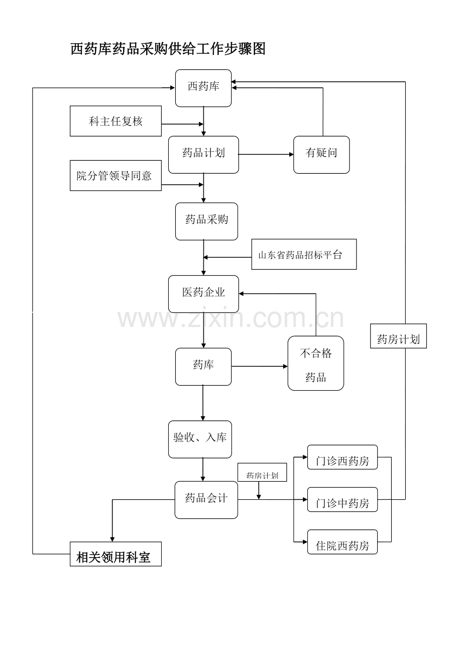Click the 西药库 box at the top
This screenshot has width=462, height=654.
[x=203, y=88]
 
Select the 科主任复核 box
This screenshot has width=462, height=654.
[x=115, y=121]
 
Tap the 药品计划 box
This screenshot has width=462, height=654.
[x=203, y=155]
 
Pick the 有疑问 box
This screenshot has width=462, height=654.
[x=321, y=155]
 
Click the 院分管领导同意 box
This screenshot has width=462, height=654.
[x=115, y=175]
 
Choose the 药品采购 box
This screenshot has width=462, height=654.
[x=206, y=222]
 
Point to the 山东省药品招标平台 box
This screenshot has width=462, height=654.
[x=304, y=254]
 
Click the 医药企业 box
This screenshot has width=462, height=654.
[x=203, y=294]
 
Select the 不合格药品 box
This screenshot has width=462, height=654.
[x=315, y=363]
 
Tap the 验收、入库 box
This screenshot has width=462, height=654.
[x=200, y=439]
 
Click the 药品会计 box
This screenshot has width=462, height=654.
[x=206, y=500]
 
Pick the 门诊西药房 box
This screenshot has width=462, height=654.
[x=342, y=457]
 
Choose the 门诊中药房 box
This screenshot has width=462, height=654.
[x=342, y=499]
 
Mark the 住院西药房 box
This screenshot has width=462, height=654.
[x=342, y=541]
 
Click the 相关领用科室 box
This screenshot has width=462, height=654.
[x=115, y=554]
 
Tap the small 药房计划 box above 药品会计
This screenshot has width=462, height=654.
[x=262, y=472]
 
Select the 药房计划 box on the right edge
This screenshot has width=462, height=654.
[x=398, y=336]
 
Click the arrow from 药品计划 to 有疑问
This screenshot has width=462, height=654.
[x=266, y=154]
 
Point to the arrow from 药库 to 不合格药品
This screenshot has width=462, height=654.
[x=260, y=366]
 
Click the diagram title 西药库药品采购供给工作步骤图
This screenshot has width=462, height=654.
[x=168, y=48]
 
